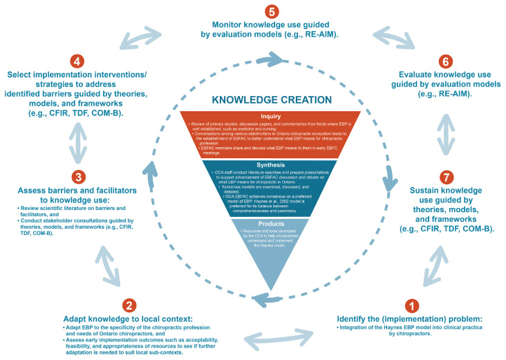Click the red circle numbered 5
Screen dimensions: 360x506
254,12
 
